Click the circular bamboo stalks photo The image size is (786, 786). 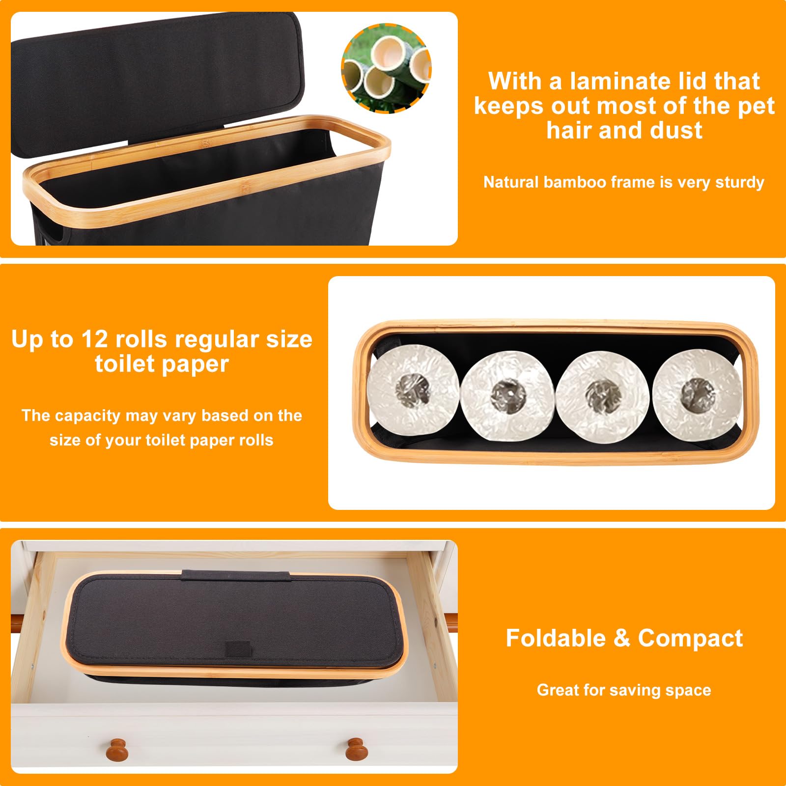[386, 68]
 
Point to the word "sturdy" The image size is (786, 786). [739, 183]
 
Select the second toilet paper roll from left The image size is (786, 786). [507, 395]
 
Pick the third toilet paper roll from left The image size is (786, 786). [603, 396]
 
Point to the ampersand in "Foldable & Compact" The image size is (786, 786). [621, 639]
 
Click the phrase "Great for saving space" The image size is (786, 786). [624, 690]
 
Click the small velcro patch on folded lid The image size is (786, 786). [237, 649]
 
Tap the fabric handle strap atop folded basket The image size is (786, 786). [235, 575]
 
